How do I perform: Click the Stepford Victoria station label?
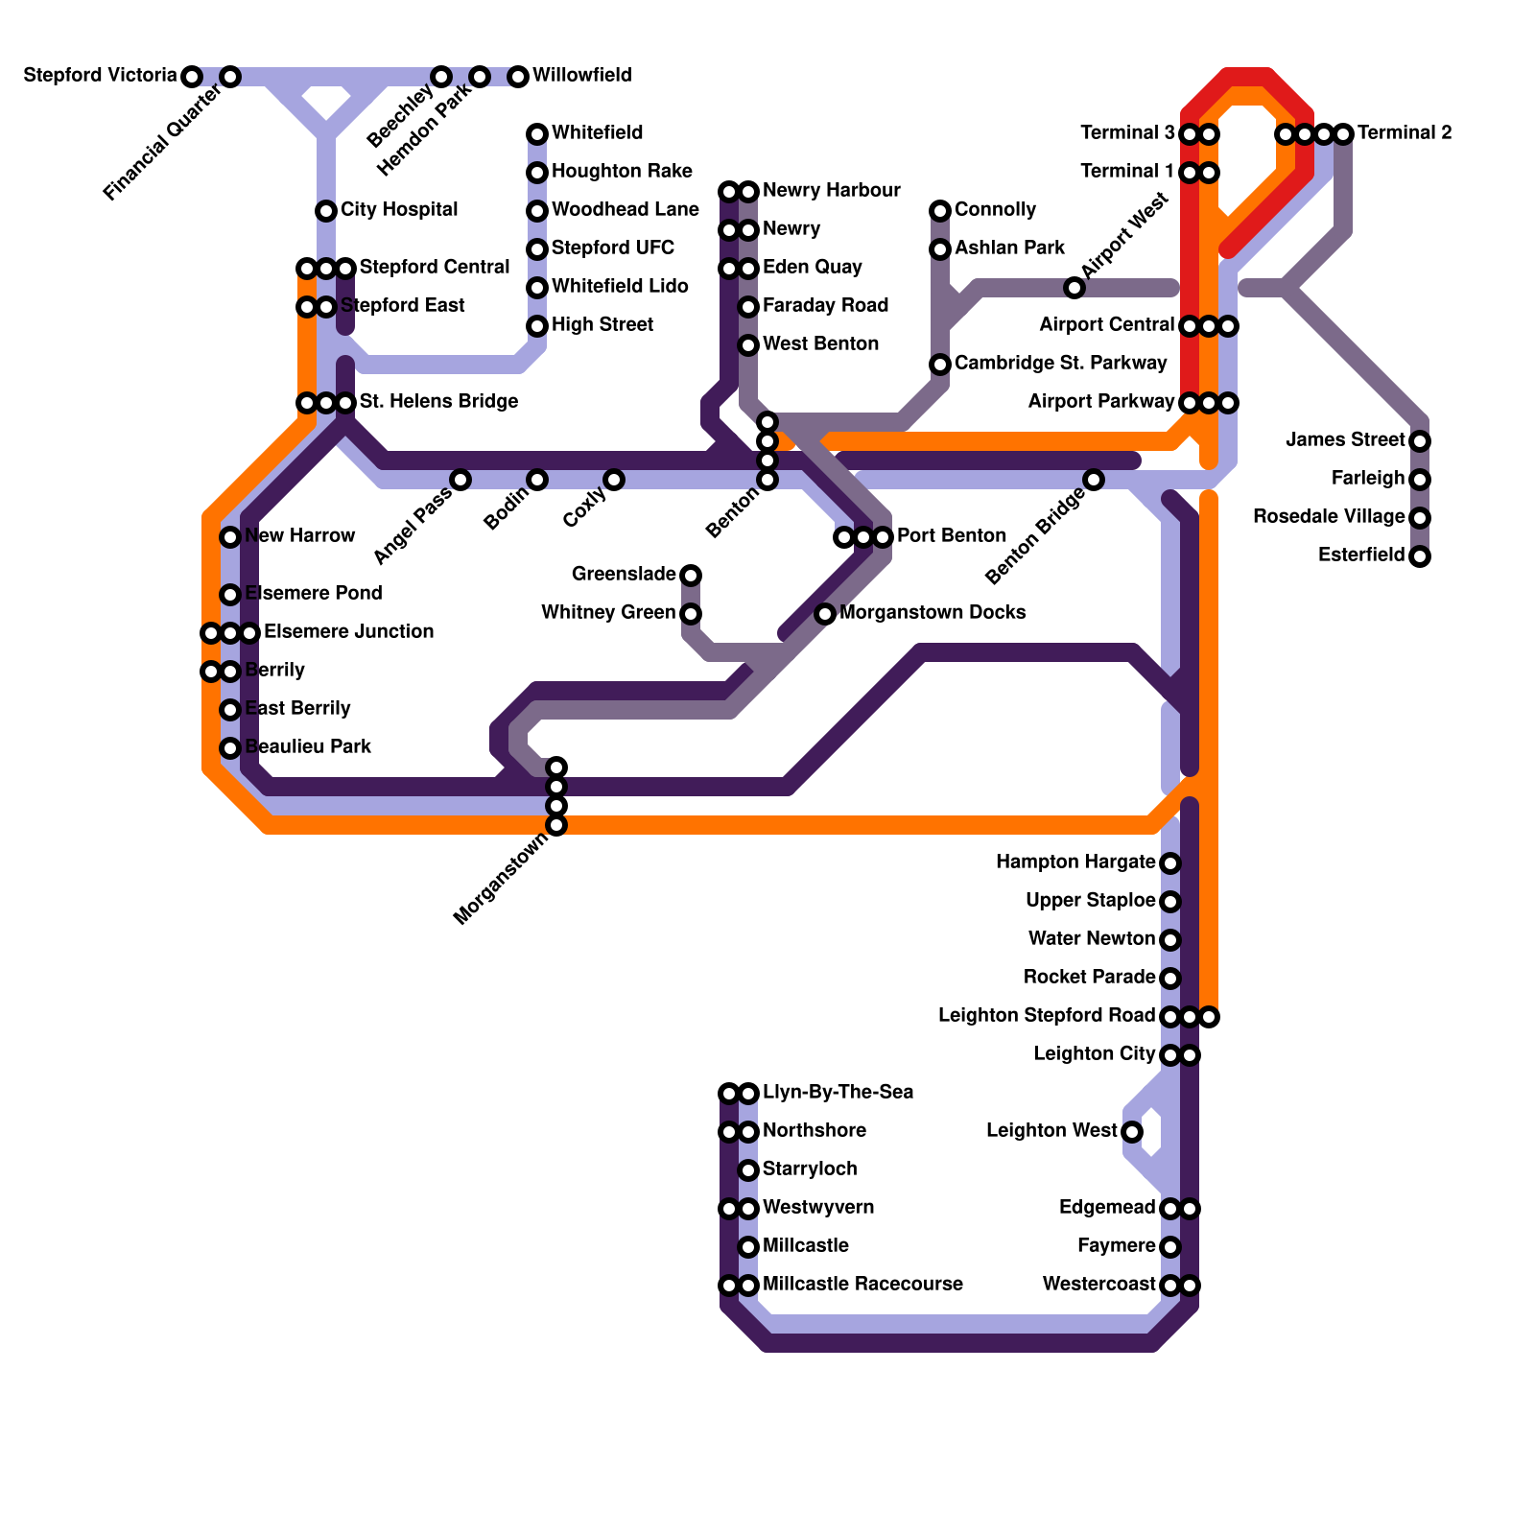click(100, 76)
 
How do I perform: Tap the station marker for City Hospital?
click(326, 211)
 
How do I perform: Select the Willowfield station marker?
click(518, 77)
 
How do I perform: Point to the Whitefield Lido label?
click(620, 287)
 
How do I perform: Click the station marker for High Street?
click(537, 326)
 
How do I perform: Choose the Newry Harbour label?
click(831, 191)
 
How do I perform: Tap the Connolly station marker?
click(940, 211)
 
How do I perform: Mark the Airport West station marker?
click(1074, 288)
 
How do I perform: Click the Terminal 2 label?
click(1405, 133)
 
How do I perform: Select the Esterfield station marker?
click(1420, 556)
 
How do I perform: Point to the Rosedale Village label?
click(1329, 517)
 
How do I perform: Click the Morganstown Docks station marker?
click(825, 614)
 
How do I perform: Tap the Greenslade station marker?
click(691, 576)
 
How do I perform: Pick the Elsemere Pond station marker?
click(230, 595)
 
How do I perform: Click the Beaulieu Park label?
click(308, 747)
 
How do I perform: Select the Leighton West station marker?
click(1132, 1132)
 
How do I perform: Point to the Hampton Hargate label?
click(1074, 862)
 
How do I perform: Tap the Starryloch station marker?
click(748, 1170)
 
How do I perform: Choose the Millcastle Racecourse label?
click(862, 1285)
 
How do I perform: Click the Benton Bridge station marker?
click(1094, 480)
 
